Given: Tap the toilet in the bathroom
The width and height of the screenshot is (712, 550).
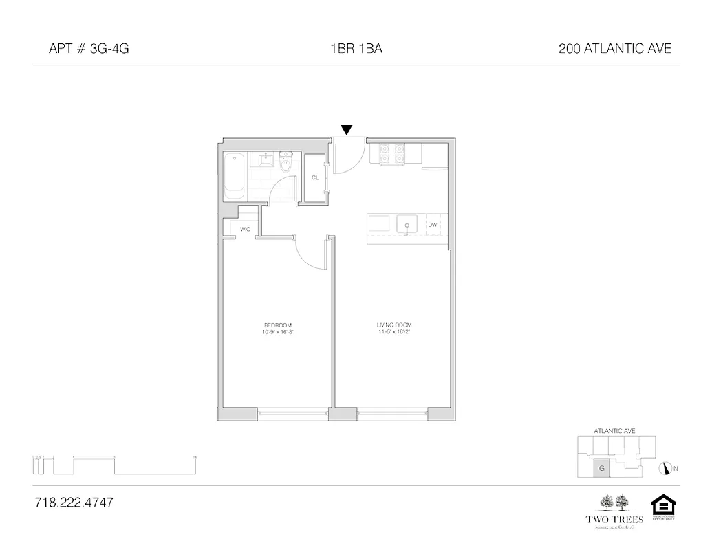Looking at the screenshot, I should click(x=287, y=162).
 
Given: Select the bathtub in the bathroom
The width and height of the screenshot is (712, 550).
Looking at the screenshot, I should click(x=235, y=176).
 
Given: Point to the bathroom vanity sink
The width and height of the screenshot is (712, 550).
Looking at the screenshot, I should click(x=265, y=161).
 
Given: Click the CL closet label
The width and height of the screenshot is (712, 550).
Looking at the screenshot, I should click(x=315, y=177).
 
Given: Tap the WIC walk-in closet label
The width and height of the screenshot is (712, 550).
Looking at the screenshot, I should click(x=244, y=229).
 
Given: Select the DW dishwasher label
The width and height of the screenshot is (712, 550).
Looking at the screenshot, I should click(x=433, y=225).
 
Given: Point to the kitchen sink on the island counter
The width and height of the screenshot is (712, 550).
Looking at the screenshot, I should click(x=407, y=225).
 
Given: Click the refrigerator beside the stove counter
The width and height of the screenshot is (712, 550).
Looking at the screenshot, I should click(x=434, y=155).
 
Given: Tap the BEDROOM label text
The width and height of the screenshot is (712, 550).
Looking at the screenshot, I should click(x=278, y=324).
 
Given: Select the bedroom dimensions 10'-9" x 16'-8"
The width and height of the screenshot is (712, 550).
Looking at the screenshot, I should click(x=278, y=332).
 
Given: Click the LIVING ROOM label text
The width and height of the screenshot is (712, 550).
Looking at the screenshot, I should click(x=394, y=324).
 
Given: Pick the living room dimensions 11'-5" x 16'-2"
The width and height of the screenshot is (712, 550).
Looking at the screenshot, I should click(x=394, y=332).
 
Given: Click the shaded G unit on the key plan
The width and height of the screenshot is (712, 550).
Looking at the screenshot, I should click(x=602, y=468).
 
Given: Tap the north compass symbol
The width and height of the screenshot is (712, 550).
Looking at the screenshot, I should click(x=665, y=468).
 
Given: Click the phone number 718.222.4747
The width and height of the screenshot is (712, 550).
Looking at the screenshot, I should click(x=73, y=503).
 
